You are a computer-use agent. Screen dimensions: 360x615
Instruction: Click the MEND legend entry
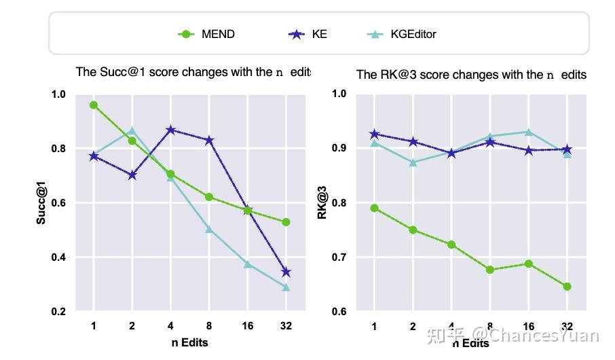tap(206, 34)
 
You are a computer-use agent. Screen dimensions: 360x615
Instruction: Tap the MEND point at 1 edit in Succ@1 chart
tap(94, 105)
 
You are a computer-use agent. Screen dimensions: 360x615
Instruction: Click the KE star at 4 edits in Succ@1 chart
tap(170, 130)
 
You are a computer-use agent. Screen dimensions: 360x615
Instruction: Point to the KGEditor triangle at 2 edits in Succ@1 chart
tap(132, 130)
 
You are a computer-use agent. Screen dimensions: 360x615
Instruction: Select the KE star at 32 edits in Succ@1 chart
tap(286, 272)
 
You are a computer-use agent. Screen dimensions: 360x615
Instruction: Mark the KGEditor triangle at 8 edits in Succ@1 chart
tap(209, 230)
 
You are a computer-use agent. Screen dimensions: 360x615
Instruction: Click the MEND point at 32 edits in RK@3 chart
tap(567, 287)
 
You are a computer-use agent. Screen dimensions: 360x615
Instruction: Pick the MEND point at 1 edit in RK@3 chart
tap(374, 209)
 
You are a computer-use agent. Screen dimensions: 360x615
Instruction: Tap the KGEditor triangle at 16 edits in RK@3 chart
tap(528, 132)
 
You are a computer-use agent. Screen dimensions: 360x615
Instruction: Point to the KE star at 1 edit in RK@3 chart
tap(374, 134)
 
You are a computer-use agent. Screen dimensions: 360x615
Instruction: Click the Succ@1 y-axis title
tap(41, 202)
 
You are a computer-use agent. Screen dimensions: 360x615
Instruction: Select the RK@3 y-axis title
tap(322, 203)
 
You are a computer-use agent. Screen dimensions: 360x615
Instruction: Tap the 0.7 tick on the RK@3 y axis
tap(339, 257)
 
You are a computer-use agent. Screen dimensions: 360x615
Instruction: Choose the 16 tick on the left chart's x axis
tap(247, 327)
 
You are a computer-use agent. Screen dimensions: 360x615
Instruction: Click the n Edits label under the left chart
tap(189, 342)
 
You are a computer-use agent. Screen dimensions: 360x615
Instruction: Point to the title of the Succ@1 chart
tap(193, 72)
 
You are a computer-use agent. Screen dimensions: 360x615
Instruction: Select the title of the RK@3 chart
tap(471, 74)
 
